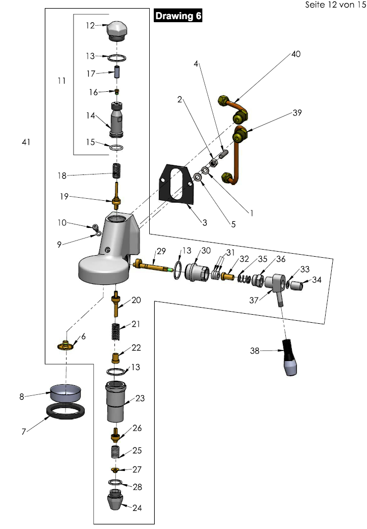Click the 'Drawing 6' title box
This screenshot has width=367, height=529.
point(178,16)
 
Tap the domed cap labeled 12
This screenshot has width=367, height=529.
point(117,32)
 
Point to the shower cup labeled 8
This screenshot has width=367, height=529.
point(66,392)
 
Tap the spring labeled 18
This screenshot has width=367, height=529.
point(117,171)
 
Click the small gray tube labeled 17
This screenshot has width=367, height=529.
point(117,70)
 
